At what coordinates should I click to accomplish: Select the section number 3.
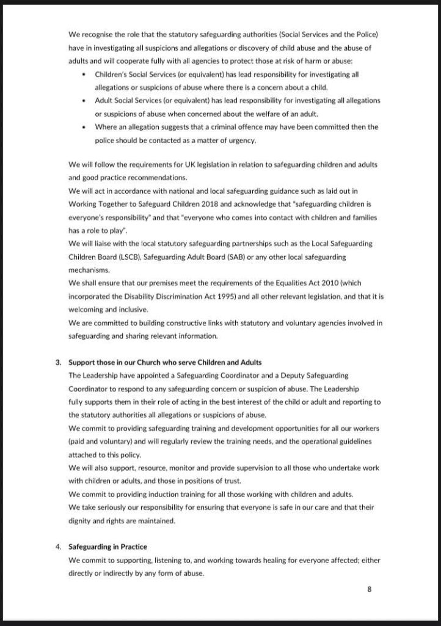[59, 361]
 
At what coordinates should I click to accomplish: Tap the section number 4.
[59, 547]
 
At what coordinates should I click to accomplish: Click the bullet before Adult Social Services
[83, 100]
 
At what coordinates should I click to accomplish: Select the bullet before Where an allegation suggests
[83, 127]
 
